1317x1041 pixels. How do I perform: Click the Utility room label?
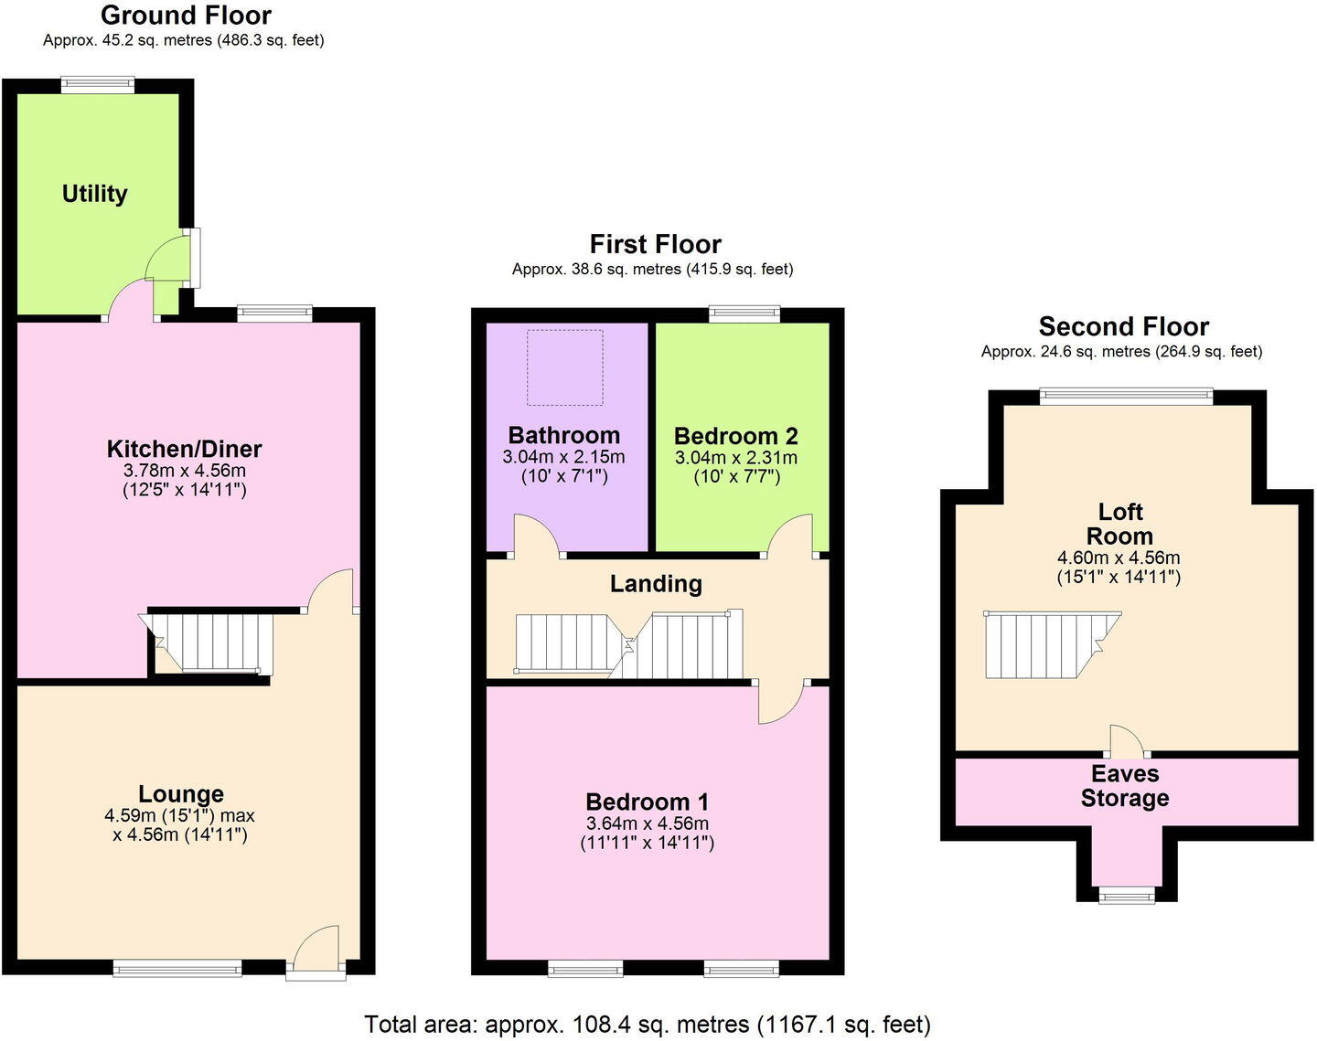click(x=94, y=194)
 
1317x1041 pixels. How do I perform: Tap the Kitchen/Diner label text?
click(x=184, y=449)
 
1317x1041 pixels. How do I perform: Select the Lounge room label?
click(x=181, y=794)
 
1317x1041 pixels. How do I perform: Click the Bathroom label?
click(x=563, y=435)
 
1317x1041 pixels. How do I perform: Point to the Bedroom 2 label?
click(x=735, y=436)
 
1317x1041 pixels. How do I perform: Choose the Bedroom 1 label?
click(x=647, y=802)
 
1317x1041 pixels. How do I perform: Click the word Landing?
click(x=656, y=583)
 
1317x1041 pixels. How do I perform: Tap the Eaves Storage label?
click(x=1125, y=786)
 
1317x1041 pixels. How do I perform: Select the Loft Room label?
click(x=1119, y=524)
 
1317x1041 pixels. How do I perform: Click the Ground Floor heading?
click(x=186, y=15)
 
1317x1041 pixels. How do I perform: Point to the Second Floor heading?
click(x=1123, y=326)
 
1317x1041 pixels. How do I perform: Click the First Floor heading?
click(x=655, y=244)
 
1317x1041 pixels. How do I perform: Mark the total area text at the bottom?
click(x=648, y=1024)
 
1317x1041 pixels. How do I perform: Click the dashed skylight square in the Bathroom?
click(x=565, y=367)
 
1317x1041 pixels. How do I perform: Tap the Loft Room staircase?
click(x=1047, y=644)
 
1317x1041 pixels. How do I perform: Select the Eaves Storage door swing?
click(x=1124, y=740)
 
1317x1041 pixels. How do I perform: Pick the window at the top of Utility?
click(x=98, y=85)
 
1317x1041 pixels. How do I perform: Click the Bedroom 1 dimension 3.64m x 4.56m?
click(x=647, y=823)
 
